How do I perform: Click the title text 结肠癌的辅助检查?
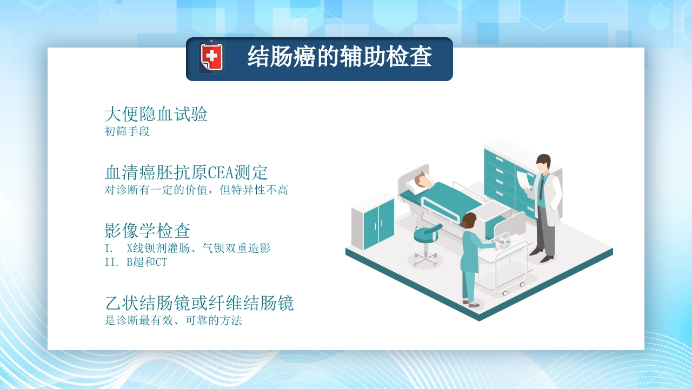click(340, 57)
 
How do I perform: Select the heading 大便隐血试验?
click(156, 115)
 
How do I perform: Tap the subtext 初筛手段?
click(127, 131)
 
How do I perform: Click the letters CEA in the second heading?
click(220, 173)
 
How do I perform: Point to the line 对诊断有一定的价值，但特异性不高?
click(196, 190)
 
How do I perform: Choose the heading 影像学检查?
click(147, 231)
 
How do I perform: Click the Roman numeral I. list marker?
click(109, 249)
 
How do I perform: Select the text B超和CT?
click(147, 263)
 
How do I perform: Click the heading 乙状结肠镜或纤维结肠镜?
click(199, 303)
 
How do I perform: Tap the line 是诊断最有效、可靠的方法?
click(173, 320)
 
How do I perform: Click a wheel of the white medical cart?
click(505, 292)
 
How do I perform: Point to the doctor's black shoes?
click(542, 255)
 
